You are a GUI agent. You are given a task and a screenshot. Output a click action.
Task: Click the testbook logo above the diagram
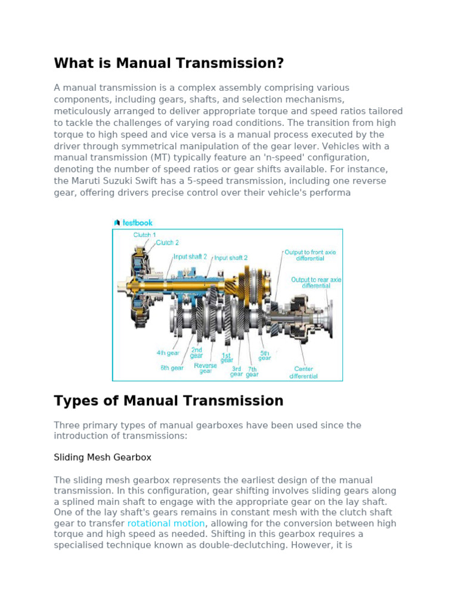point(133,223)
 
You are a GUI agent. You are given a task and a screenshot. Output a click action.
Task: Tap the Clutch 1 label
point(144,235)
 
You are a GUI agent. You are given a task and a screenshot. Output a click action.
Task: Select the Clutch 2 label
point(168,243)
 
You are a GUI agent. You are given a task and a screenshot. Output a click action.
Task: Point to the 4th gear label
point(168,353)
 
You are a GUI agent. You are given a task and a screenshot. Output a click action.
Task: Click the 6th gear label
point(172,368)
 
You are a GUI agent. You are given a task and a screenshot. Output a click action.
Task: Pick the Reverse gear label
point(206,368)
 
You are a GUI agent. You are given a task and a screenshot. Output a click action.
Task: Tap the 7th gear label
point(252,372)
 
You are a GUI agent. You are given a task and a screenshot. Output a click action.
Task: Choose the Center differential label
point(304,372)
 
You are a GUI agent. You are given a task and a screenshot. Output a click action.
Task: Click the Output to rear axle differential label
point(316,282)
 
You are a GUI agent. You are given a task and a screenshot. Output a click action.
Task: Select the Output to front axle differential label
point(310,255)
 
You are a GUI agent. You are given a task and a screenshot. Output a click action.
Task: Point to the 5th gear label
point(265,355)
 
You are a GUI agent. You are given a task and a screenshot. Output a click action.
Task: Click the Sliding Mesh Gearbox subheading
point(103,457)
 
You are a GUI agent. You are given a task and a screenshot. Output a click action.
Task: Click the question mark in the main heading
point(279,63)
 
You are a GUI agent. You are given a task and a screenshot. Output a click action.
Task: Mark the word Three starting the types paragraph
point(67,425)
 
